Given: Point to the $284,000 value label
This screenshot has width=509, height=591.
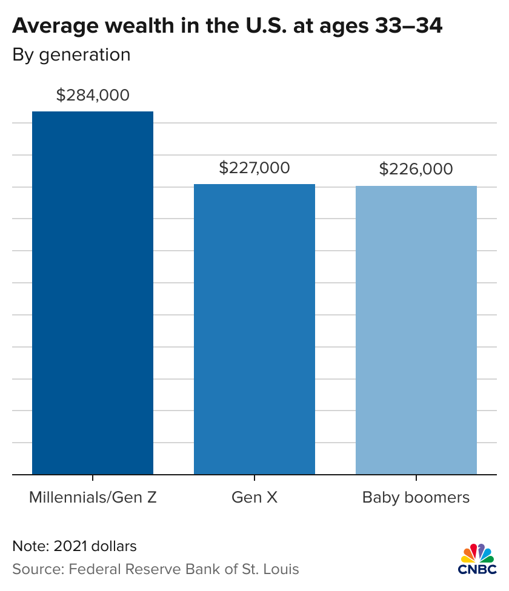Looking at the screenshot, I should point(93,95).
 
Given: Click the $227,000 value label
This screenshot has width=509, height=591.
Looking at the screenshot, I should point(254,168).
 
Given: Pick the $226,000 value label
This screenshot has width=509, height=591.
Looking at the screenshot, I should point(416,169).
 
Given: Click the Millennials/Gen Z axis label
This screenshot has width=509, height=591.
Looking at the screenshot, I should point(93,498).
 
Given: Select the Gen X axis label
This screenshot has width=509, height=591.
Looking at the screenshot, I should point(254,498).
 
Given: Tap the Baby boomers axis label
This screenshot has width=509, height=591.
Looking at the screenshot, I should point(416,498).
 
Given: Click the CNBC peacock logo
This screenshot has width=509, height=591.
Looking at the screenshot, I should point(477,553).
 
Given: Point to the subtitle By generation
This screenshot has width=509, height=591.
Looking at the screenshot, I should point(72,54).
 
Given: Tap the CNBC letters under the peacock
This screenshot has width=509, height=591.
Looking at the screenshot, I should point(477,570).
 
